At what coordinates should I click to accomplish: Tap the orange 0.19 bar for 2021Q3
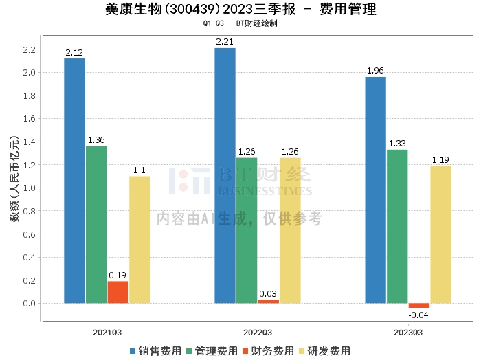point(118,292)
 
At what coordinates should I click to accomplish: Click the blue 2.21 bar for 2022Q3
point(225,175)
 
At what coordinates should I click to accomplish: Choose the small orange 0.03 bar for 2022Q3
point(269,301)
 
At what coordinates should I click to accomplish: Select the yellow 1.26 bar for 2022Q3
point(290,230)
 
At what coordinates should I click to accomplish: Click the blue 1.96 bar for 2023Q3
point(375,190)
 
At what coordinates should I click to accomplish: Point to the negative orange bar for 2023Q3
point(418,306)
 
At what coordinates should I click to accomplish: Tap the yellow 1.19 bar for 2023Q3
point(440,234)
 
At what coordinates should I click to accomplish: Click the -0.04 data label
point(418,315)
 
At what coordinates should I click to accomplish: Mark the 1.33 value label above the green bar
point(397,144)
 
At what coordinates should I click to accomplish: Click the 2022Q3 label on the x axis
point(258,331)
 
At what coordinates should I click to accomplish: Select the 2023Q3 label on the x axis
point(408,331)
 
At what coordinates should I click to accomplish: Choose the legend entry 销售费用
point(155,350)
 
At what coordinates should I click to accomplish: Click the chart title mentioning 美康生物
point(240,10)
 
